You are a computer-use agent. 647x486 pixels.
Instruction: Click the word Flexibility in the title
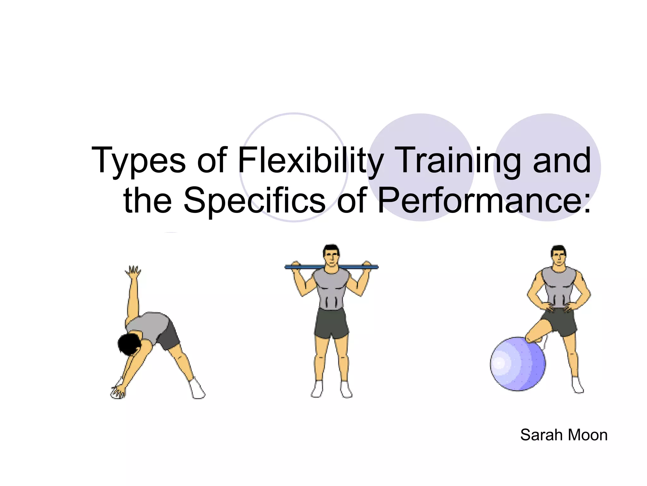point(311,160)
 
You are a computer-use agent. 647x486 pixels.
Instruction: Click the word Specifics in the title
point(254,200)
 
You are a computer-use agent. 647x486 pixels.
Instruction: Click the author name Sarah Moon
point(564,435)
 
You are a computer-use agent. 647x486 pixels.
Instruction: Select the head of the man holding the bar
point(331,255)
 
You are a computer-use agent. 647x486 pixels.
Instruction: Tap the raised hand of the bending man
point(133,272)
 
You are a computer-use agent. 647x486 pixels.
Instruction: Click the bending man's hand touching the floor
point(118,392)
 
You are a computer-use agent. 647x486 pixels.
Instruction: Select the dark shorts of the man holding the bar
point(331,323)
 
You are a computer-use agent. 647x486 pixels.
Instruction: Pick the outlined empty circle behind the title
point(294,127)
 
